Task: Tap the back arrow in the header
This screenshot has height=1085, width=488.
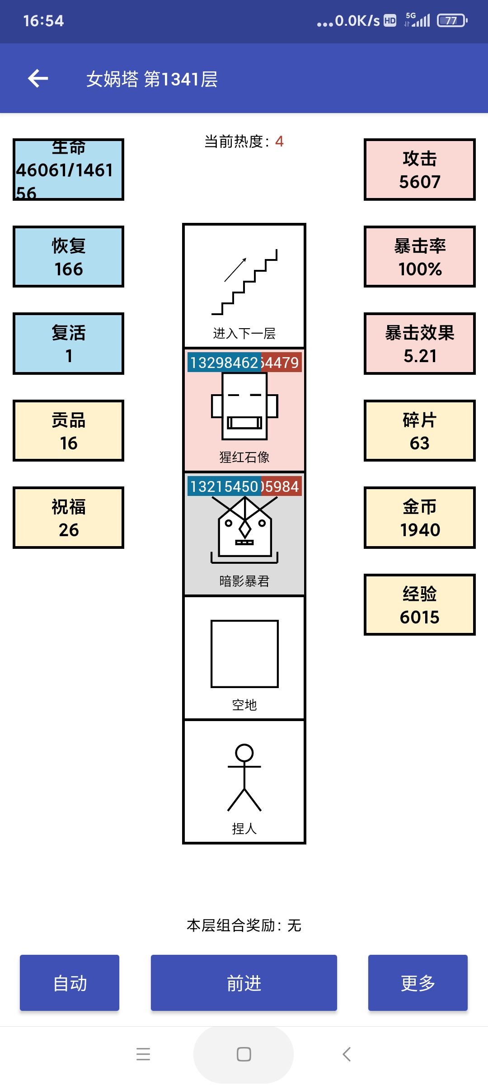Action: (x=38, y=79)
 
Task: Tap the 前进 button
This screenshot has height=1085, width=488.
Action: (x=244, y=983)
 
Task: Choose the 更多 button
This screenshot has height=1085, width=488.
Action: (x=418, y=983)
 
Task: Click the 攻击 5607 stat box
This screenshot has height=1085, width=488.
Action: (x=419, y=170)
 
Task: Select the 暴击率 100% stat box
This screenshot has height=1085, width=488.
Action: (x=419, y=257)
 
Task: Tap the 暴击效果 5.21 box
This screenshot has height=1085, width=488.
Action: (x=419, y=344)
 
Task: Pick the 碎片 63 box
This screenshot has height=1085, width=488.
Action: (x=419, y=431)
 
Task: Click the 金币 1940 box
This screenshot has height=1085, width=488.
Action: (x=419, y=518)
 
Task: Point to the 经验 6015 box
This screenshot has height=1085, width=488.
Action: (x=419, y=605)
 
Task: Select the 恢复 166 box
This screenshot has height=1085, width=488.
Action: (x=68, y=257)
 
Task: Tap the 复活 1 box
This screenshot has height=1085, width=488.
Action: (x=68, y=344)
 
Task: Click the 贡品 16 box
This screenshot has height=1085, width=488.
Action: (x=68, y=431)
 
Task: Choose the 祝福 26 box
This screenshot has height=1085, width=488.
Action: (x=68, y=518)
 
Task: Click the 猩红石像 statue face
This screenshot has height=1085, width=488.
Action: (x=244, y=406)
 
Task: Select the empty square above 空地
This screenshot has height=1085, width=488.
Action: (x=244, y=654)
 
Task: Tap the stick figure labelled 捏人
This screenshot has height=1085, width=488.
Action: (x=244, y=778)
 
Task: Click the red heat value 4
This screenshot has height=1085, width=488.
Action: (x=279, y=142)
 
